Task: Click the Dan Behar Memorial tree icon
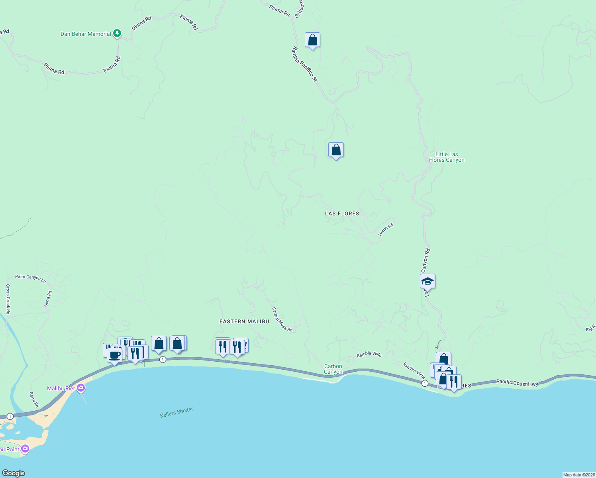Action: click(117, 33)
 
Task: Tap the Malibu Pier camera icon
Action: click(81, 388)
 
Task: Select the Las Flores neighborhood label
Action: click(342, 214)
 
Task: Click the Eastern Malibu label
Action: click(244, 321)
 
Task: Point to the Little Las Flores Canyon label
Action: click(447, 157)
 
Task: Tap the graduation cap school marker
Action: click(427, 281)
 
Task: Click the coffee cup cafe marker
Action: click(115, 355)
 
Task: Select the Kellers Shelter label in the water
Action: click(176, 412)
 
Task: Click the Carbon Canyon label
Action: click(333, 369)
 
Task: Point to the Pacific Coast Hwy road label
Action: click(517, 383)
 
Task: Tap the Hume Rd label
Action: click(386, 229)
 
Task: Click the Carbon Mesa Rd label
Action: click(282, 319)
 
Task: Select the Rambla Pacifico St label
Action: click(304, 64)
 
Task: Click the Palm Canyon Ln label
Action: click(30, 278)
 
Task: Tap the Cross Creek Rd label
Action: click(8, 299)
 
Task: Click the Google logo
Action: click(14, 473)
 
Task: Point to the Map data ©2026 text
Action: click(578, 475)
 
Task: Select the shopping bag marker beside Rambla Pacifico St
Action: click(312, 40)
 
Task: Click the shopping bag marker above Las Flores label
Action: click(336, 150)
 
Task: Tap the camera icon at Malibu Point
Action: click(25, 449)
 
